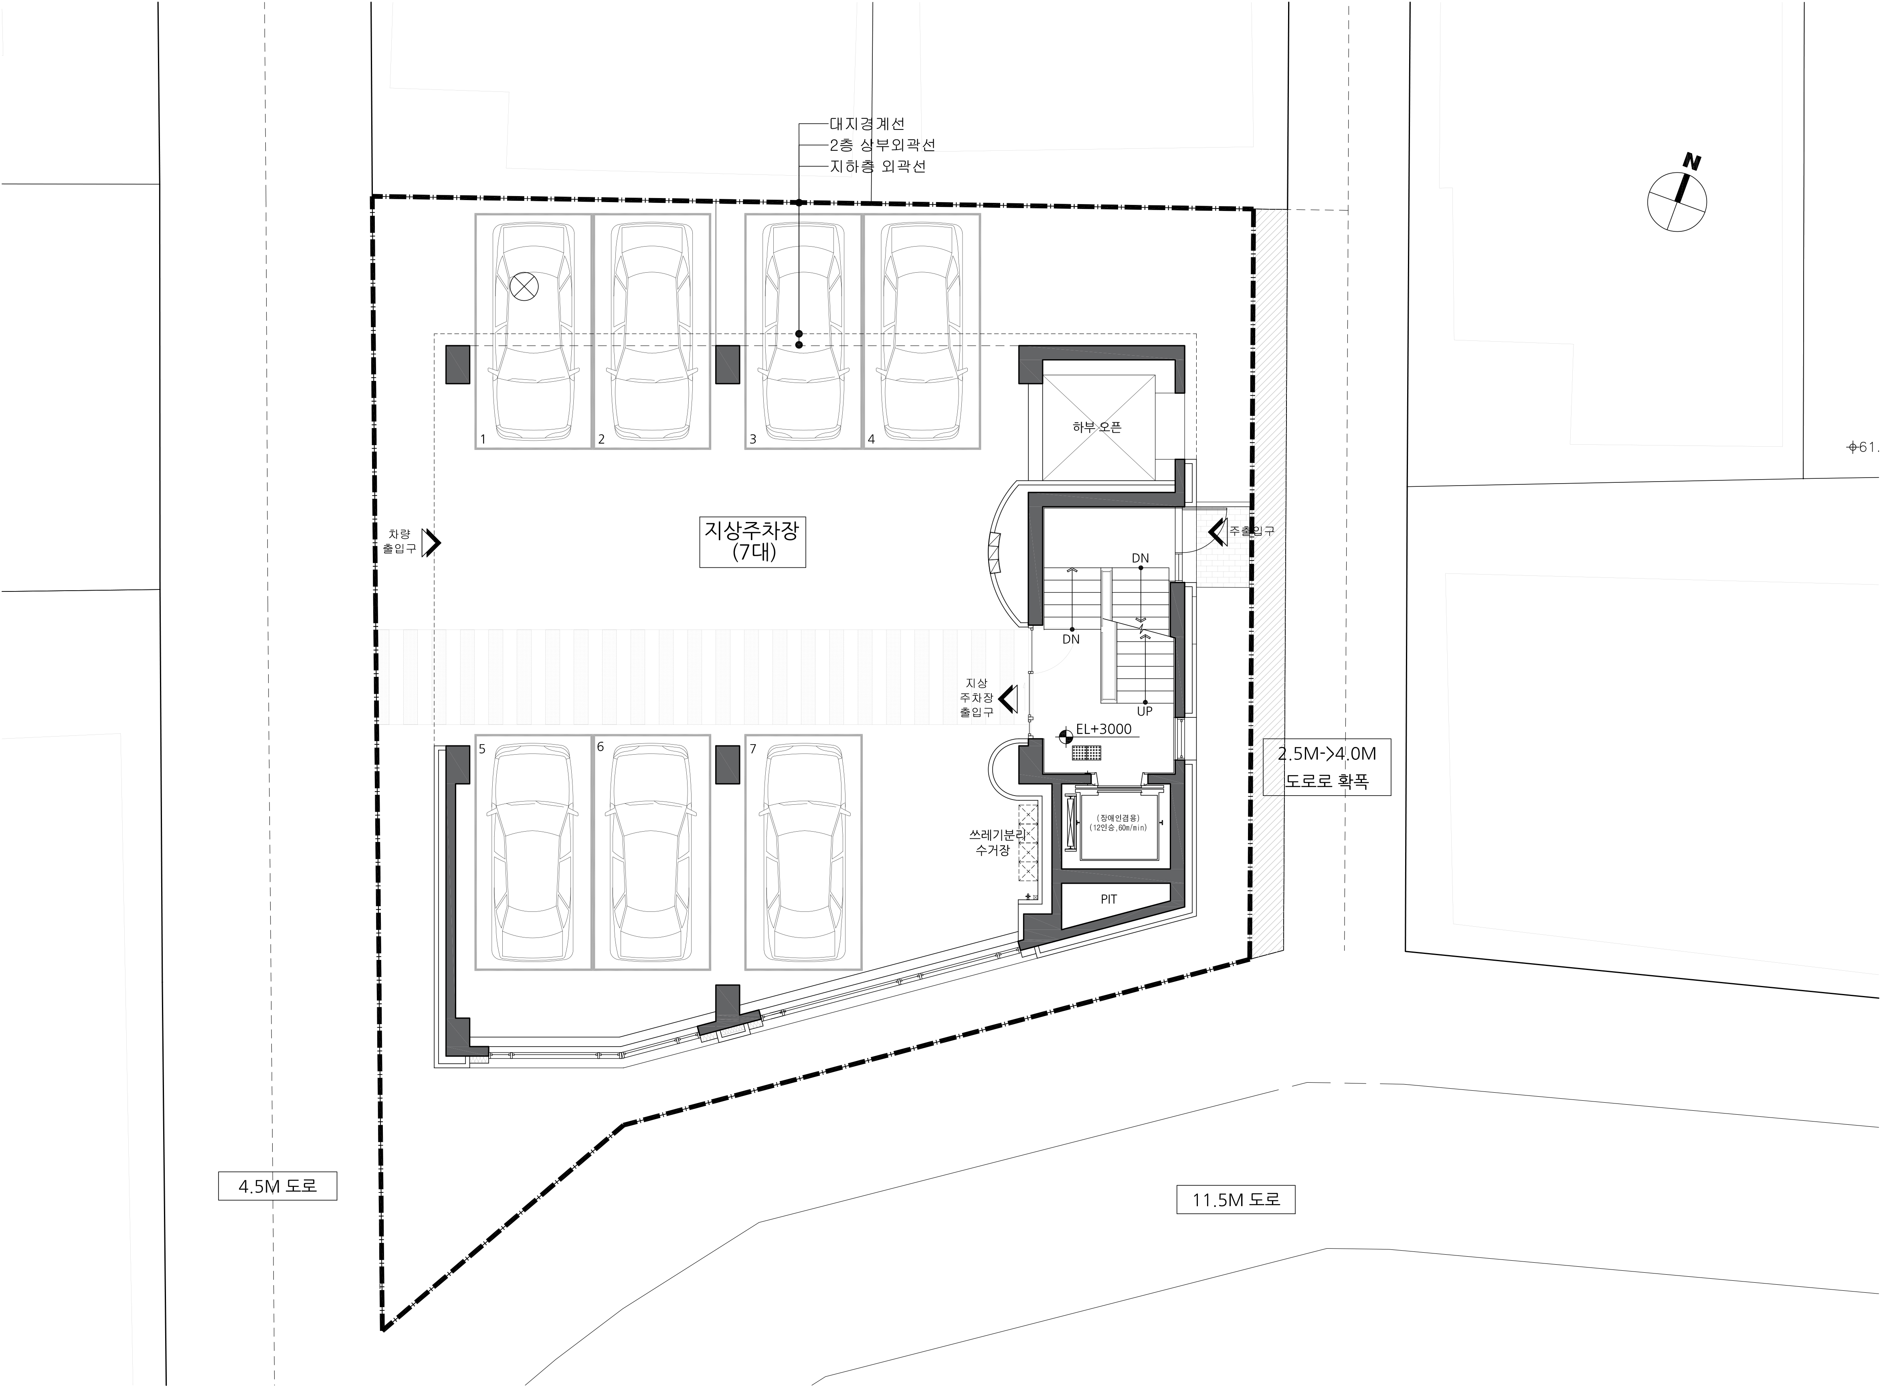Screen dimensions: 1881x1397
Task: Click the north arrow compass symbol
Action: coord(1677,198)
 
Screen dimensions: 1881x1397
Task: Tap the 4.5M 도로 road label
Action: coord(277,1186)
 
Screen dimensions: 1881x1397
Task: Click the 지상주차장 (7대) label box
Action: coord(752,541)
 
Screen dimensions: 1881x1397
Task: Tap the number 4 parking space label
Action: coord(872,439)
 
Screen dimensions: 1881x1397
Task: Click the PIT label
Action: coord(1108,899)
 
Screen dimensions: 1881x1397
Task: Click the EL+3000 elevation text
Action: coord(1103,729)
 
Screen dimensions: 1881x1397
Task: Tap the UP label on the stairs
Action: coord(1145,711)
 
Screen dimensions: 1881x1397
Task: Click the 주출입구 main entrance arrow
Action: coord(1218,531)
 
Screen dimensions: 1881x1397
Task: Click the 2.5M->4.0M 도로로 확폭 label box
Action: coord(1327,767)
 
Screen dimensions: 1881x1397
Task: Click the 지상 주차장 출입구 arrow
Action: coord(1007,698)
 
